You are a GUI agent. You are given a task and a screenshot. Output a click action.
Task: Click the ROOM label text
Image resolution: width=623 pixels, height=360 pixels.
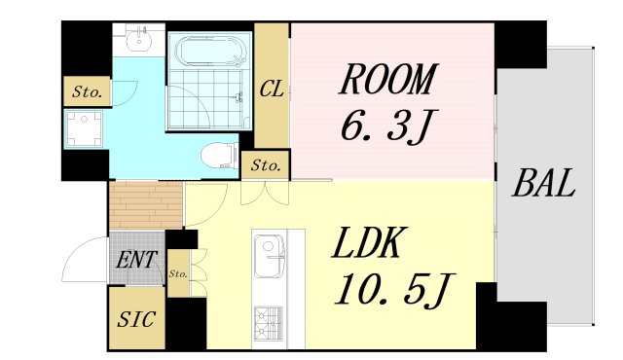coord(387,79)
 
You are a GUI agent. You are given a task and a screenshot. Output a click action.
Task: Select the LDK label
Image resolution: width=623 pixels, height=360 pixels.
coord(366,242)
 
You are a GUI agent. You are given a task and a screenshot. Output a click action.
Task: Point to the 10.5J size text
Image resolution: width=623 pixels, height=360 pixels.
coord(394,290)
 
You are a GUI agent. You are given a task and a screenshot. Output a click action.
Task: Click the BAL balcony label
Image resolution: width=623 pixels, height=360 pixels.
coord(543,183)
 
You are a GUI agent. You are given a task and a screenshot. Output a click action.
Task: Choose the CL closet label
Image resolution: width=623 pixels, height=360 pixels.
coord(272,89)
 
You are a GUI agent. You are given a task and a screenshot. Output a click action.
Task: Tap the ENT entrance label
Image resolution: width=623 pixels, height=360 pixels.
coord(136,260)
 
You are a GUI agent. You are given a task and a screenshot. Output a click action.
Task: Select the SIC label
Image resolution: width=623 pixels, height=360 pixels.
coord(136,319)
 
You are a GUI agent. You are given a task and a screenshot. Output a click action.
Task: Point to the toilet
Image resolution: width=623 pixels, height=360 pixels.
coord(219,156)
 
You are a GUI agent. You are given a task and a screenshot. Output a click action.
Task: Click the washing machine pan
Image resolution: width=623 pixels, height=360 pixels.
coord(84,128)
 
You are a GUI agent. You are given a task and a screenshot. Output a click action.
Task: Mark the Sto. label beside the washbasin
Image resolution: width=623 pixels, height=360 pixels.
coord(87,92)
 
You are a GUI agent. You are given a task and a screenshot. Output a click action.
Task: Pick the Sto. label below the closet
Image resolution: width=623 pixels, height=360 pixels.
coord(266,165)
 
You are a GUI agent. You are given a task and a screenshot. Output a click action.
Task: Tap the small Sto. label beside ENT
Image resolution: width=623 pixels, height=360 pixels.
coord(178,273)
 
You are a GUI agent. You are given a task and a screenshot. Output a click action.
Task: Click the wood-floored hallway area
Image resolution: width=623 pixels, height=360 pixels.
coord(146,205)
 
